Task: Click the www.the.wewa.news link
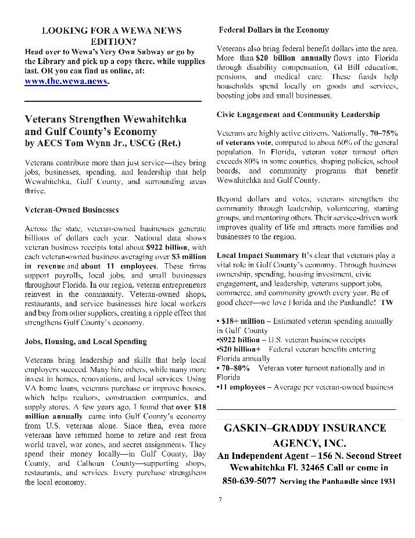click(66, 82)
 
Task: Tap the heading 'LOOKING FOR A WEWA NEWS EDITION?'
click(112, 36)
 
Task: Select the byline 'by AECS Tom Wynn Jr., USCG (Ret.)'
click(102, 143)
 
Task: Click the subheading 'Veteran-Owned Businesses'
click(71, 209)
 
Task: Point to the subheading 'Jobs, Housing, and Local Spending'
click(85, 341)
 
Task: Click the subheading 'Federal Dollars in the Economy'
click(274, 30)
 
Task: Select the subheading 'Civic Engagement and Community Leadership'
click(298, 114)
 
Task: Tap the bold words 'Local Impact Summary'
click(257, 256)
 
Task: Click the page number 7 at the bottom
click(220, 499)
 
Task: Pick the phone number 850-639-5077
click(249, 482)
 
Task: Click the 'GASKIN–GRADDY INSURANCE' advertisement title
click(305, 428)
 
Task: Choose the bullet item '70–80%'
click(235, 368)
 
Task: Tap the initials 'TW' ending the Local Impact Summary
click(387, 303)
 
